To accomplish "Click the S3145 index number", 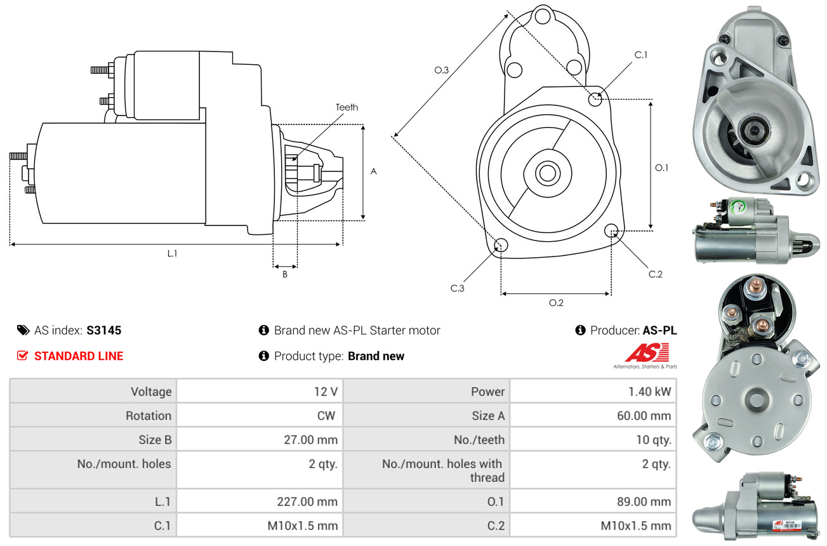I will [x=103, y=330].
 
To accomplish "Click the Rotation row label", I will [x=148, y=416].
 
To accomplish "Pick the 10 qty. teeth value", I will [x=653, y=440].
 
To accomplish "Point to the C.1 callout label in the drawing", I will [x=641, y=55].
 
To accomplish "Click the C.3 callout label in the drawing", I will [x=458, y=288].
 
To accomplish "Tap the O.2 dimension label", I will [x=556, y=303].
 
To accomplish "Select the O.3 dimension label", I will [x=442, y=70].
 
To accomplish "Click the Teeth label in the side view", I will [x=347, y=107].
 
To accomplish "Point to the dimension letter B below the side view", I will [x=285, y=275].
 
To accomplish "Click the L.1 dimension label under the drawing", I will [x=172, y=253].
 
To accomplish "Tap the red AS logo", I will [x=647, y=353].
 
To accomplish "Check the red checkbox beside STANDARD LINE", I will [x=23, y=356].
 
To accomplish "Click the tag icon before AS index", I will [x=23, y=330].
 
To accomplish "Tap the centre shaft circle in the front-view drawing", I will [x=545, y=173].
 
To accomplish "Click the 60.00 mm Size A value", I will [x=644, y=416].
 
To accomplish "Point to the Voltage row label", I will [x=151, y=392].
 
